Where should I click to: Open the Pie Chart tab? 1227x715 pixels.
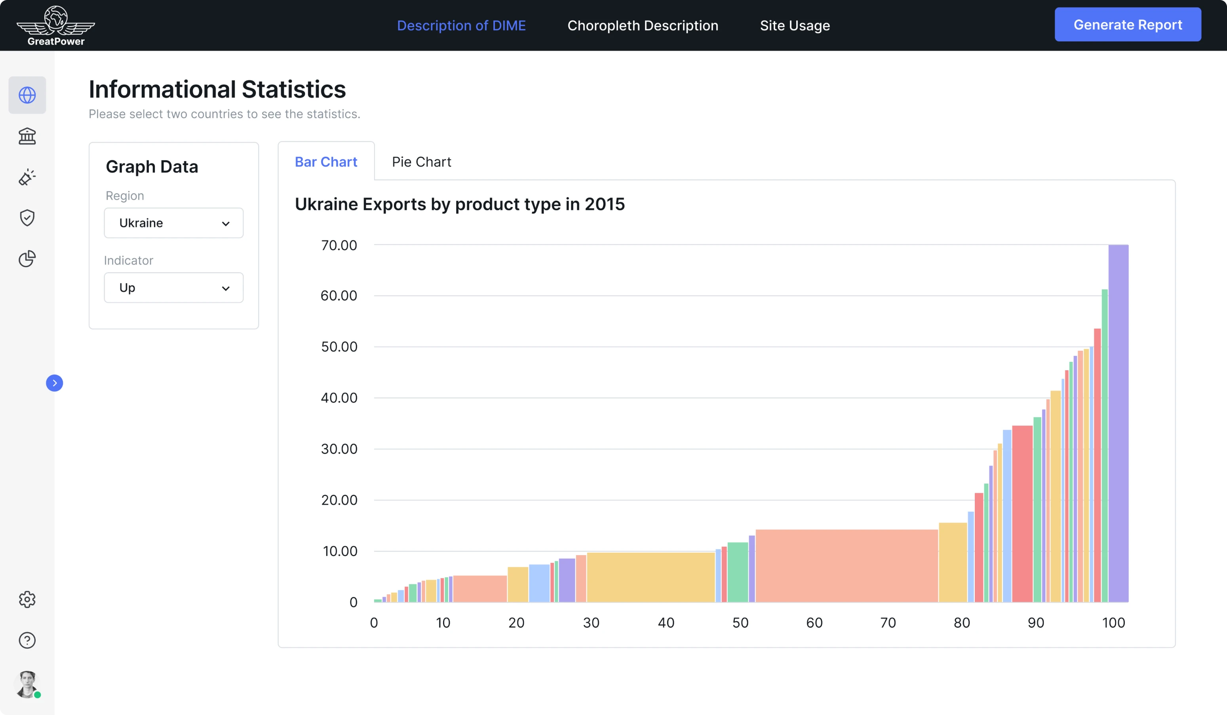point(421,162)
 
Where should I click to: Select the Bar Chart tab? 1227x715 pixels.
point(326,162)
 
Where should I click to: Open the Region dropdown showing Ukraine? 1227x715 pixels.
point(173,223)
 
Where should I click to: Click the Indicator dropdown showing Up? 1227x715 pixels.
point(173,288)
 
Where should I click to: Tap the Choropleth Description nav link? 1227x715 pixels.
point(642,25)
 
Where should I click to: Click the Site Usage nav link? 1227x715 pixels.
point(795,25)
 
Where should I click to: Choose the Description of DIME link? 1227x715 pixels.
point(461,25)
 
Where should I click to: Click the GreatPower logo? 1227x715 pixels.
point(55,25)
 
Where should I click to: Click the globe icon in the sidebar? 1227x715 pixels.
point(27,95)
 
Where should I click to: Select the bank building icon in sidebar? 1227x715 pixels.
point(27,136)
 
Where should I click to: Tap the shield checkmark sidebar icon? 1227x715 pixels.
point(27,218)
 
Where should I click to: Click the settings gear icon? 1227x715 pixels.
point(27,599)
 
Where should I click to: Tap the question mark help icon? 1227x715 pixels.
point(27,640)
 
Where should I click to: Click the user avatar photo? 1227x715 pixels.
point(27,684)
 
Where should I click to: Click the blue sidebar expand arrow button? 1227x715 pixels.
point(55,383)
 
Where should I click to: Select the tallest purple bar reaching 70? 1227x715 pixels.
point(1118,424)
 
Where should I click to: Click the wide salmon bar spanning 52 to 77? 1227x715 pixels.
point(846,566)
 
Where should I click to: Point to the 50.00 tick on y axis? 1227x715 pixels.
point(339,346)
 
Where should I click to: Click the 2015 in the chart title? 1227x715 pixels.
point(604,204)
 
